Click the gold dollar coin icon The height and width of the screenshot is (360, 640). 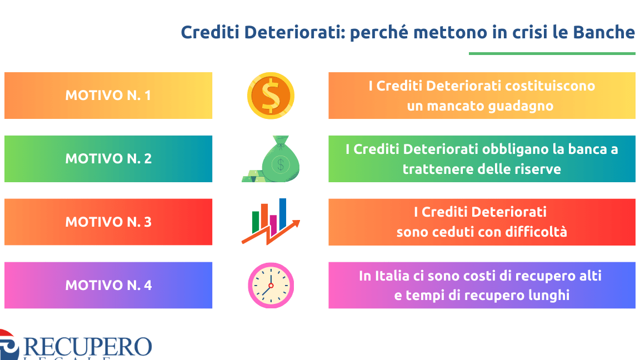pos(271,96)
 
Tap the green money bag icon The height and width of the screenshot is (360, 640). pos(271,159)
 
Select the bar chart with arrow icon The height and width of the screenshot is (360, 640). pos(271,222)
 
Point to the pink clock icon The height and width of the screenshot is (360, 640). pos(271,285)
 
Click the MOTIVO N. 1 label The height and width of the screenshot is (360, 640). pos(108,96)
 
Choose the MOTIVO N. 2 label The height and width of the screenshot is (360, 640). pos(108,159)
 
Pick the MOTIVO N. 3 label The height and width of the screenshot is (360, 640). pos(108,222)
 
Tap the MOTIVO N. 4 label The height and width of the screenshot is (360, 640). pos(108,286)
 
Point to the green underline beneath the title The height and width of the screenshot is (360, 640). pos(552,53)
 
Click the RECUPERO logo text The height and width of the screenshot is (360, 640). pos(88,347)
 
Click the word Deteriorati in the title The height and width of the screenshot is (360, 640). pos(294,32)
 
